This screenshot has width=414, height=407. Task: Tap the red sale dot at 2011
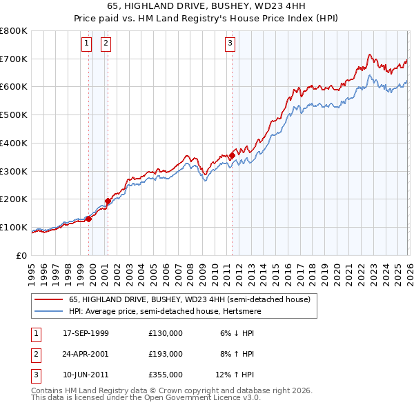click(231, 156)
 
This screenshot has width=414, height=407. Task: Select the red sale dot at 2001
click(108, 201)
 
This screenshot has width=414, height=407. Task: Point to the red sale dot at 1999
click(89, 219)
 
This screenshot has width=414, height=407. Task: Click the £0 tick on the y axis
click(22, 256)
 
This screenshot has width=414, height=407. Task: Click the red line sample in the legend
click(49, 299)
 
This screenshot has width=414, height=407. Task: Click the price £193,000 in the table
click(165, 354)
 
